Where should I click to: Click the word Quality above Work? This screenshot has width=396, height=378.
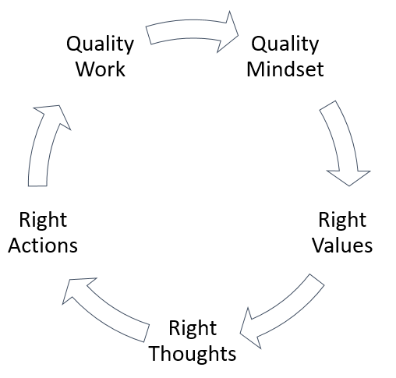pyautogui.click(x=101, y=44)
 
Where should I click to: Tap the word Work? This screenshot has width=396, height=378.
pyautogui.click(x=101, y=69)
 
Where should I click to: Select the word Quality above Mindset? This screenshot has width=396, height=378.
pyautogui.click(x=285, y=44)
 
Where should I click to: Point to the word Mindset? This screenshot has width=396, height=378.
pyautogui.click(x=285, y=69)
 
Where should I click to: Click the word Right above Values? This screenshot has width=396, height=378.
pyautogui.click(x=342, y=221)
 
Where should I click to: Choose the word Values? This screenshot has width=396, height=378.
pyautogui.click(x=342, y=246)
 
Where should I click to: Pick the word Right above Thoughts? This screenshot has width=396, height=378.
pyautogui.click(x=193, y=328)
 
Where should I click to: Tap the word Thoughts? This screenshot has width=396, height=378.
pyautogui.click(x=193, y=353)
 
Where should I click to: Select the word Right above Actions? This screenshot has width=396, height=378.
pyautogui.click(x=43, y=221)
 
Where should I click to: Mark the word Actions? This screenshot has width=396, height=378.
pyautogui.click(x=43, y=246)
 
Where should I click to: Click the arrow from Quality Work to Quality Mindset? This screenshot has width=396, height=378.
pyautogui.click(x=189, y=29)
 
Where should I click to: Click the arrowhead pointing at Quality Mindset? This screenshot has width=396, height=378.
pyautogui.click(x=228, y=32)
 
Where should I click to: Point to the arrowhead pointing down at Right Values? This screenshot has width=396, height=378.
pyautogui.click(x=348, y=178)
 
